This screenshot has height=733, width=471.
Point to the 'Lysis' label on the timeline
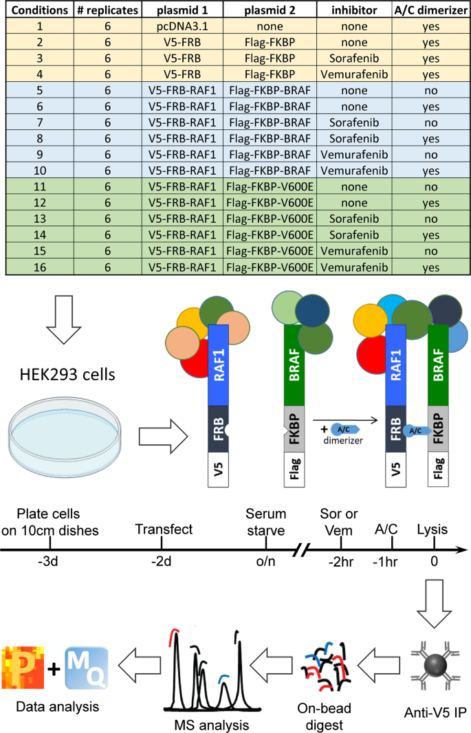click(433, 529)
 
